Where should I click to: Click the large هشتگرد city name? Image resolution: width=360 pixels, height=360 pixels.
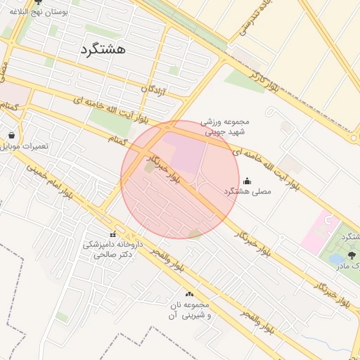tap(103, 49)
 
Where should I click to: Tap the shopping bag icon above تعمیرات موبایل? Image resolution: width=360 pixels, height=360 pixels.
tap(11, 134)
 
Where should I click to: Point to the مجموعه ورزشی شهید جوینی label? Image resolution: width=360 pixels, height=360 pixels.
tap(225, 126)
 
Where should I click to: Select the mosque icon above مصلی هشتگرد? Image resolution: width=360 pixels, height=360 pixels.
tap(247, 181)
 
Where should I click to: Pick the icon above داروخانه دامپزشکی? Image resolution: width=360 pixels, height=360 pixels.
tap(112, 234)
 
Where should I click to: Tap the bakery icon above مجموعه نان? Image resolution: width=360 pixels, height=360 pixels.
tap(188, 294)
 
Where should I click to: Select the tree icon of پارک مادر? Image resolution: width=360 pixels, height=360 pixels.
tap(351, 255)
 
